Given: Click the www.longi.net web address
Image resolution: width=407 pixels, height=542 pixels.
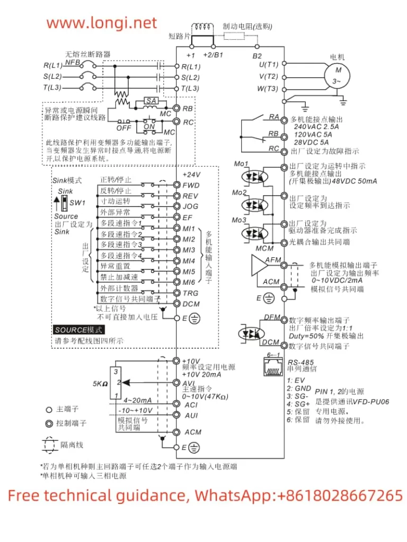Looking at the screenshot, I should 102,23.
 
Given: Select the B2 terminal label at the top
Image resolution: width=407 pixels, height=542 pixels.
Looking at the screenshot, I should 256,56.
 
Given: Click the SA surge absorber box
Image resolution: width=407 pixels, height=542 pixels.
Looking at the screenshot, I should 151,101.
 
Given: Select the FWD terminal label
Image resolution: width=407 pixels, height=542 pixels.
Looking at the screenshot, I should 190,185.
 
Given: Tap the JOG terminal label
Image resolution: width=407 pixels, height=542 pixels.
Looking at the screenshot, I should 190,206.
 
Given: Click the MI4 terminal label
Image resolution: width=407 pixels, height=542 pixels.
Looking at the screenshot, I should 189,260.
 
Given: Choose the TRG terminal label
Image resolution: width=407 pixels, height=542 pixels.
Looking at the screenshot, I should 190,293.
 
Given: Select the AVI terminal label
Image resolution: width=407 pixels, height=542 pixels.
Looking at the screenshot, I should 189,382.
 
